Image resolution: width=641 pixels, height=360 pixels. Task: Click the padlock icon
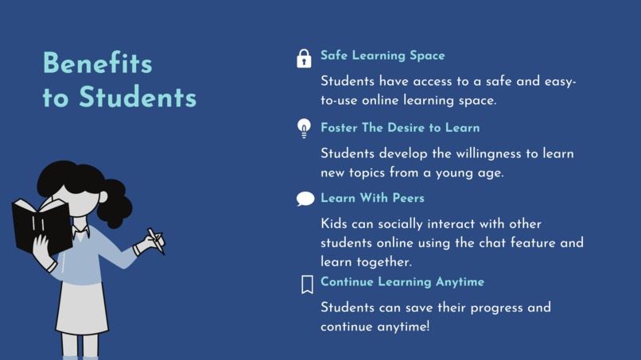click(304, 58)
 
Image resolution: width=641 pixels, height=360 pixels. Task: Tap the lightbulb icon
click(304, 128)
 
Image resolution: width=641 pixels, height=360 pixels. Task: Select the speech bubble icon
click(305, 199)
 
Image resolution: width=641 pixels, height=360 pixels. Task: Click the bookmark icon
click(307, 285)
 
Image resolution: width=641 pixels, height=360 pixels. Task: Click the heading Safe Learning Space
click(383, 56)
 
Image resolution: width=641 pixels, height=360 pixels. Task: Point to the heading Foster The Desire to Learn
click(400, 127)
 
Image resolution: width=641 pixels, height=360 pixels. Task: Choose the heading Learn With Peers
click(372, 198)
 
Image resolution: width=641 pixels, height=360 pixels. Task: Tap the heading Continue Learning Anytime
click(402, 282)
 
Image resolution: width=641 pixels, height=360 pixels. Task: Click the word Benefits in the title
click(97, 64)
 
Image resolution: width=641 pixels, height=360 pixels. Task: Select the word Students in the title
click(137, 98)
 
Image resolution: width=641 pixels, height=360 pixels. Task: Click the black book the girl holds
click(40, 226)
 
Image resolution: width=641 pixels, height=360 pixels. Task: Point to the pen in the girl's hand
click(156, 241)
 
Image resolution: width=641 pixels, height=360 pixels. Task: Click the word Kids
click(336, 224)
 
